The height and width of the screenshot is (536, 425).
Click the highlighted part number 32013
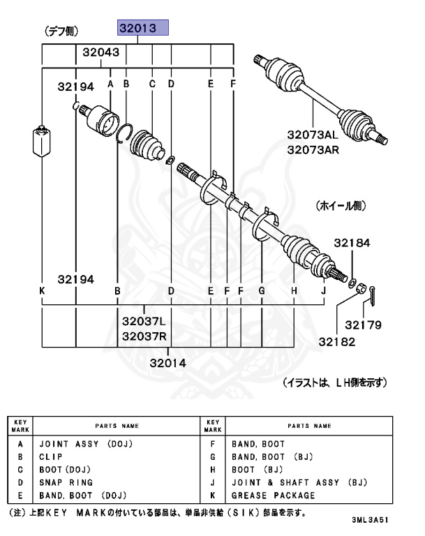(x=142, y=28)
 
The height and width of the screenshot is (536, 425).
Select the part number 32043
(x=100, y=52)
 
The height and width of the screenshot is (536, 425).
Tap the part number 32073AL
(x=313, y=136)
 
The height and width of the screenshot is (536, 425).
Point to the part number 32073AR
(x=313, y=149)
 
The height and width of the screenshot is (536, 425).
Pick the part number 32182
(x=338, y=341)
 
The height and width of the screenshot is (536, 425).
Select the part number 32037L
(x=144, y=322)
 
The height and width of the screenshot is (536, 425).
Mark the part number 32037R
(x=144, y=336)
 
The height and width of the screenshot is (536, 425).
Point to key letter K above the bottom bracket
(x=43, y=290)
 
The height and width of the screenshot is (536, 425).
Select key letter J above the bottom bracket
(x=323, y=290)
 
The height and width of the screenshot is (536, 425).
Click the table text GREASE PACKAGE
(x=274, y=496)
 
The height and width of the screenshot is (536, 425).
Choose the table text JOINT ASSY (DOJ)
(x=86, y=443)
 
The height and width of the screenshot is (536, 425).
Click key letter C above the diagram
(x=151, y=84)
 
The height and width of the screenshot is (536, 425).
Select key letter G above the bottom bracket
(x=261, y=290)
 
